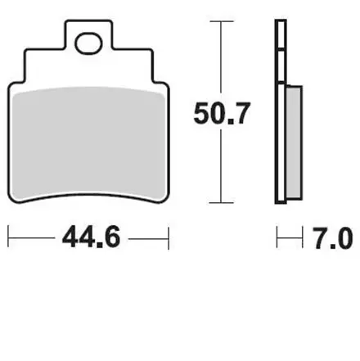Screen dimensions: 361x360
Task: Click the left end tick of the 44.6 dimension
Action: pyautogui.click(x=10, y=238)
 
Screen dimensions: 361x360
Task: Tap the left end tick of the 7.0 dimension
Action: pyautogui.click(x=278, y=238)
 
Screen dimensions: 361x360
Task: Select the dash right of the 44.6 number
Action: pyautogui.click(x=147, y=238)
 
